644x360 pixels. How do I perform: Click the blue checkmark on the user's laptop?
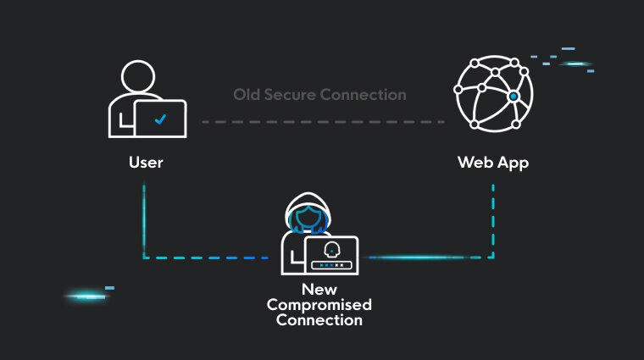(160, 119)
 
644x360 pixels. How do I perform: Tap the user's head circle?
(138, 77)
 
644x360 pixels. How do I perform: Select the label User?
(146, 163)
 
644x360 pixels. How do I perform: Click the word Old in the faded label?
(247, 95)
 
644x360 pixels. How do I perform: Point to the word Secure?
(290, 95)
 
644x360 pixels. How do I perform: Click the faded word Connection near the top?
(363, 95)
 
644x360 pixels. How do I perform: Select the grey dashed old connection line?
(323, 122)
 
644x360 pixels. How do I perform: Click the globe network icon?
(494, 93)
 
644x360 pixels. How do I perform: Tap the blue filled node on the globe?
(514, 97)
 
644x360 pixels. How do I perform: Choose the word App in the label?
(514, 163)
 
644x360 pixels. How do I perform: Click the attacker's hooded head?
(308, 213)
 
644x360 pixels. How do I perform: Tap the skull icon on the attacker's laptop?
(332, 250)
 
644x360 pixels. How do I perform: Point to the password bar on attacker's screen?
(332, 266)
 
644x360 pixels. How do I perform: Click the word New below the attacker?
(319, 290)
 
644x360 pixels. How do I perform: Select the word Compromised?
(319, 305)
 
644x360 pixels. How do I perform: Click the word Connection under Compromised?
(319, 320)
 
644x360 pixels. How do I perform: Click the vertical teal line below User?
(144, 221)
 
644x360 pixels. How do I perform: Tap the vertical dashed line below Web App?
(493, 221)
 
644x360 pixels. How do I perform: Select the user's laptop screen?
(161, 119)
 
